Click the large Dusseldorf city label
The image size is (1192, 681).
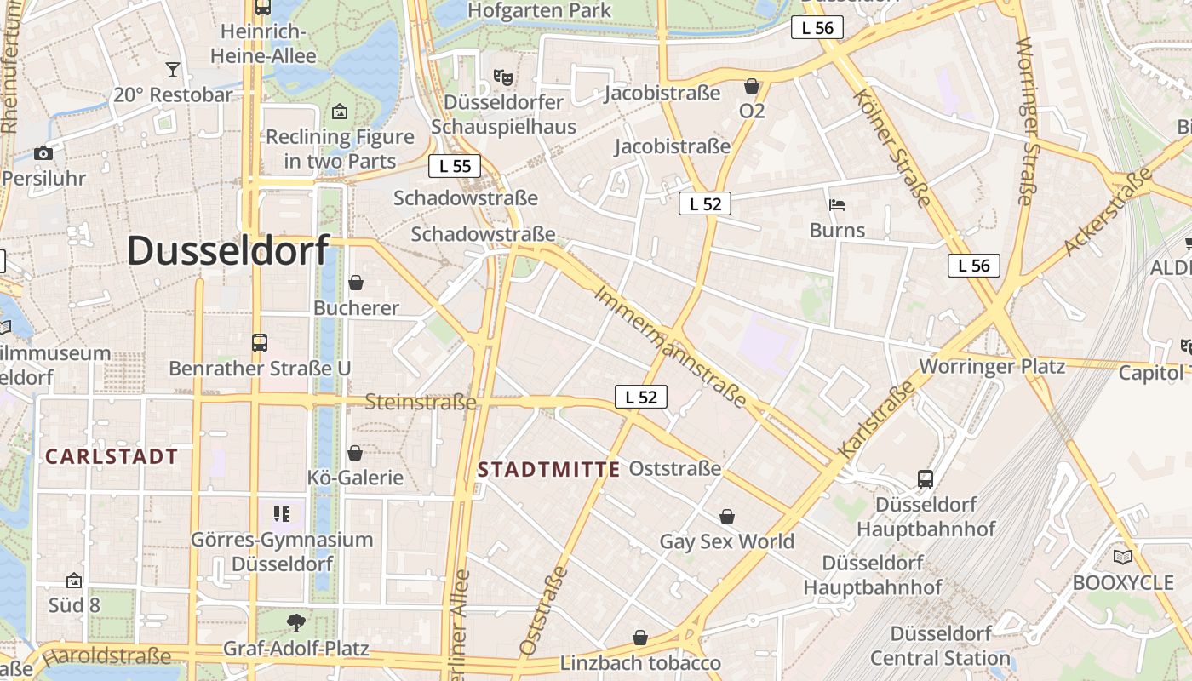(x=228, y=251)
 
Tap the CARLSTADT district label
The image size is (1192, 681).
(x=112, y=457)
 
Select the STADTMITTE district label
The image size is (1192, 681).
(x=549, y=470)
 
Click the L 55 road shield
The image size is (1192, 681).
(x=455, y=166)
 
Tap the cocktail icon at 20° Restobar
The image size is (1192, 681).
(x=173, y=69)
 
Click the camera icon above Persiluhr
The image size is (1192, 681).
(x=43, y=153)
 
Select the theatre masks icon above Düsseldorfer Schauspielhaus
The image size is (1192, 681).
(x=502, y=77)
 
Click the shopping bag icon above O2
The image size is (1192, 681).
(x=752, y=86)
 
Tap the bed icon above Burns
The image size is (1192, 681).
(x=837, y=205)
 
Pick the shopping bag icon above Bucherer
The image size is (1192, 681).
(x=356, y=283)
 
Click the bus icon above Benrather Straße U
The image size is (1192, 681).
(x=260, y=343)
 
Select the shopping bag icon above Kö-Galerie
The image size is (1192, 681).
(x=355, y=452)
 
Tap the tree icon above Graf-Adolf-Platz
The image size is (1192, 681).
(x=295, y=623)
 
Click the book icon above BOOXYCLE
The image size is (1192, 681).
(x=1123, y=558)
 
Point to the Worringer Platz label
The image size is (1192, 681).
(x=992, y=367)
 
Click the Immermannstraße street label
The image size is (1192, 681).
(x=671, y=346)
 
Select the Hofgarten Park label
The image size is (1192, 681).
(x=539, y=10)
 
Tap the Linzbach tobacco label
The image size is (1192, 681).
(x=640, y=663)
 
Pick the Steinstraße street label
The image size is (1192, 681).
(x=420, y=402)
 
